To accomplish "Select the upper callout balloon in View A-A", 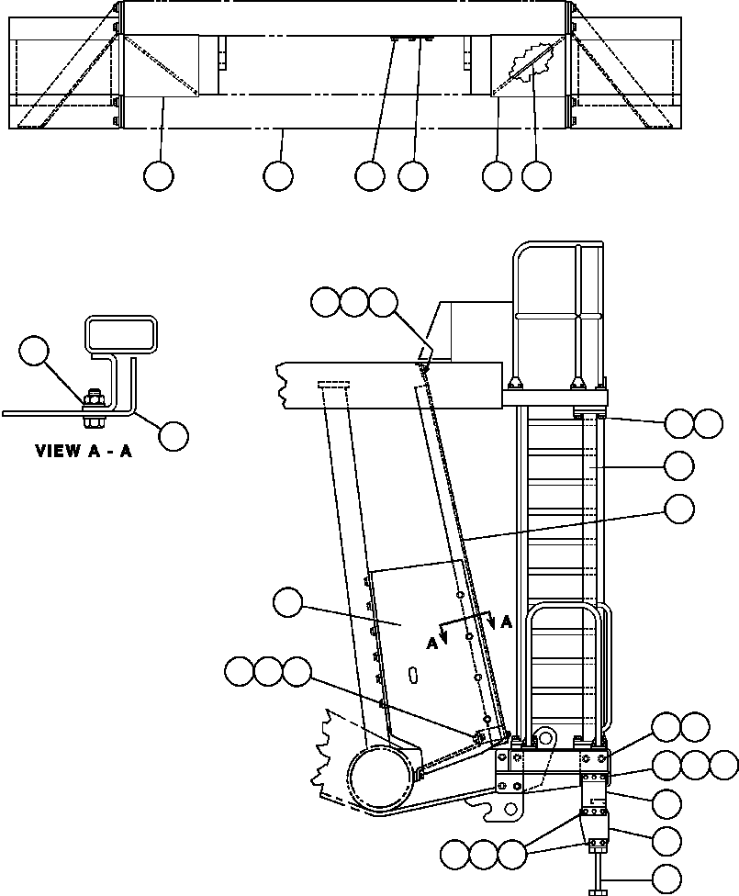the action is (34, 351).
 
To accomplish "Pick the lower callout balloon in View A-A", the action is (174, 436).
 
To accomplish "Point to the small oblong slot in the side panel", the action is (412, 674).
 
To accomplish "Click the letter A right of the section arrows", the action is (507, 622).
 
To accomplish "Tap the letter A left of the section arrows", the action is (431, 644).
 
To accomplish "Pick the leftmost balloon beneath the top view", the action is (158, 175).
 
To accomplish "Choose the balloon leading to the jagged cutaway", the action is (537, 175).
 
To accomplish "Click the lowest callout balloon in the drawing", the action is (666, 879).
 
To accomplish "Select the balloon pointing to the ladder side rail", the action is (679, 466).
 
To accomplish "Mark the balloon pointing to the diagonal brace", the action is (680, 509).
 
